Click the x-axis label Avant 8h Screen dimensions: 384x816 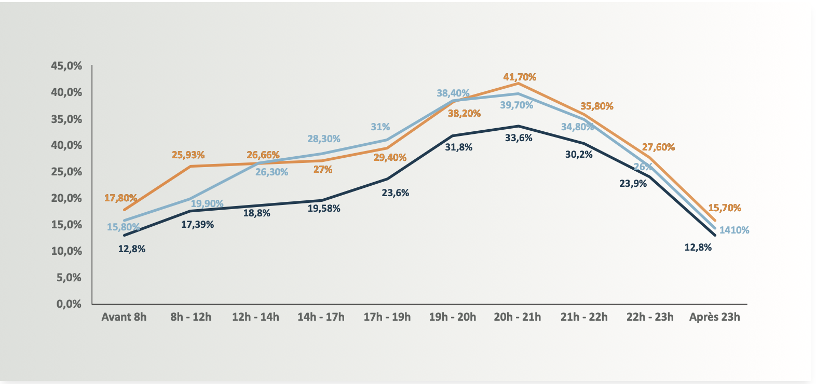[x=124, y=317]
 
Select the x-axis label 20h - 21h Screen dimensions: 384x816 [x=517, y=317]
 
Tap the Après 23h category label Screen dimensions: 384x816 [x=714, y=317]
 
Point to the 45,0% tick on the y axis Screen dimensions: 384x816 [x=66, y=66]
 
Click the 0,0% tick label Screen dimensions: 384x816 [x=69, y=304]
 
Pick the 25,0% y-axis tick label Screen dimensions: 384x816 [x=66, y=172]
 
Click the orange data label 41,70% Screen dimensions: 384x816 [x=520, y=77]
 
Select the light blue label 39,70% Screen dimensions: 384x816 [x=516, y=105]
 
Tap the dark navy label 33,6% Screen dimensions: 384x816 [x=519, y=138]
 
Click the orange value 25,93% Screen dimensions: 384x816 [x=188, y=155]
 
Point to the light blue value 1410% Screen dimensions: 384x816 [x=734, y=230]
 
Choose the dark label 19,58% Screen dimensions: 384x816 [x=324, y=209]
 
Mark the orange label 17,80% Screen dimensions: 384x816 [x=120, y=198]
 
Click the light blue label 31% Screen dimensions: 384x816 [x=380, y=127]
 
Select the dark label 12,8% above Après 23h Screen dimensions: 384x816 [x=698, y=248]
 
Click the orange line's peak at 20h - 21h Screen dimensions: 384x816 [x=518, y=83]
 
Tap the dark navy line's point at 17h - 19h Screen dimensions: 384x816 [x=387, y=179]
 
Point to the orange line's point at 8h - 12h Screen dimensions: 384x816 [x=190, y=166]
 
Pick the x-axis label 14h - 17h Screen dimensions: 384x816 [x=321, y=317]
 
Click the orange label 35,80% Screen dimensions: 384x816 [x=596, y=106]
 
